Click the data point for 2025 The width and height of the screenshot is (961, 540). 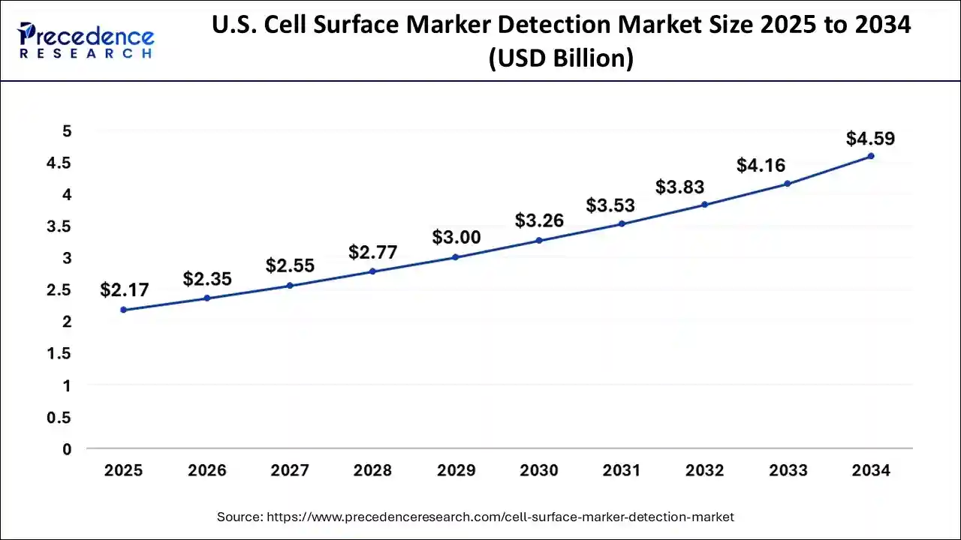pos(124,310)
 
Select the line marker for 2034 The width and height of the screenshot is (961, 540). pos(871,156)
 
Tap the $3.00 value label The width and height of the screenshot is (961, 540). pos(456,237)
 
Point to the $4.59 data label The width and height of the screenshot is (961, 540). pos(870,139)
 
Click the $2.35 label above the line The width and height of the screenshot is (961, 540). pos(207,279)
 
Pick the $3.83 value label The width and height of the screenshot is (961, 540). pos(679,187)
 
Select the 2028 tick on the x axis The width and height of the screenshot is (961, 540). pos(373,471)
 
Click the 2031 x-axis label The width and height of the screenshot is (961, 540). pos(622,471)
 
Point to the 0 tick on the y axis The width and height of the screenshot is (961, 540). pos(68,449)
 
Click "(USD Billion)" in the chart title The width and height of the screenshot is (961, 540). pos(561,58)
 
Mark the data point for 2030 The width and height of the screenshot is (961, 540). pos(539,241)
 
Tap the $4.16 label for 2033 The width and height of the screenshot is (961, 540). pos(761,165)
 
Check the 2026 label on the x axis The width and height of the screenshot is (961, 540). pos(207,471)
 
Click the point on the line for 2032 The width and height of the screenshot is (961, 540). pos(704,205)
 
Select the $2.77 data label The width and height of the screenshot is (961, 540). pos(373,252)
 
